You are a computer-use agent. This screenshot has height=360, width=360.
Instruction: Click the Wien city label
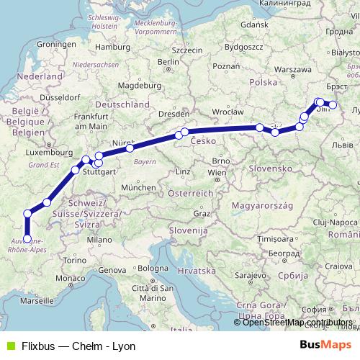(217, 174)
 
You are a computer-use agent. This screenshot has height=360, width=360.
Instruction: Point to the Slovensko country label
(267, 167)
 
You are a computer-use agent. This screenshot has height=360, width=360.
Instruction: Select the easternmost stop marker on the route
(333, 105)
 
